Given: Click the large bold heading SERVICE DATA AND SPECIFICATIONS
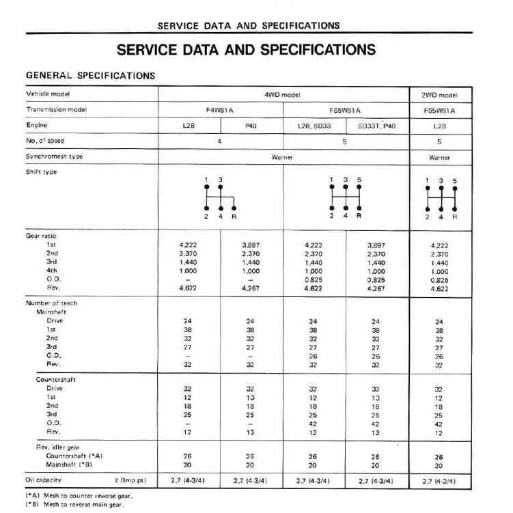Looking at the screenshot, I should tap(246, 51).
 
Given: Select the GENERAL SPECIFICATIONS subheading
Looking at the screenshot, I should tap(90, 75).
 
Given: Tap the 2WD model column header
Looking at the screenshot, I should tap(439, 94).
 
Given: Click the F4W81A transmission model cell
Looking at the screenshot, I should tap(220, 110).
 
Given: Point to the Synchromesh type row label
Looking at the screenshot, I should tap(55, 156).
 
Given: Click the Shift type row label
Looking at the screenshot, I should tap(42, 172).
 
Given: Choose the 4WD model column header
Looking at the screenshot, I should tap(283, 94).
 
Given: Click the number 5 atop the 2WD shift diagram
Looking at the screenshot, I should tap(454, 181).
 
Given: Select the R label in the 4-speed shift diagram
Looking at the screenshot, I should tap(234, 217).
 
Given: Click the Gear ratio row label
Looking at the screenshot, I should tap(42, 236).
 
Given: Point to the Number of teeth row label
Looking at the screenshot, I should tap(53, 303).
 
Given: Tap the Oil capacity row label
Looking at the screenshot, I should tap(48, 481).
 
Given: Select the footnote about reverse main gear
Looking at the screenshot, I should tap(76, 505).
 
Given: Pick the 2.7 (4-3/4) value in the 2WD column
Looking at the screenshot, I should tap(439, 482).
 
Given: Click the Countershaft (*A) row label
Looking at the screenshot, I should tap(74, 455).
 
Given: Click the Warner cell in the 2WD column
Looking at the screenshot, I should tap(439, 157).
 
